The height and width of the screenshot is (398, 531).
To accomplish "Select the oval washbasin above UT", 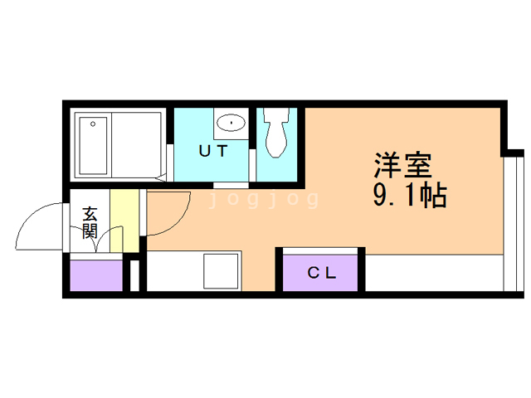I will (229, 124).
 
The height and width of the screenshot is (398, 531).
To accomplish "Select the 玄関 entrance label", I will (89, 222).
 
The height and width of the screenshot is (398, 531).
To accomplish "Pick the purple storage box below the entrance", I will (95, 275).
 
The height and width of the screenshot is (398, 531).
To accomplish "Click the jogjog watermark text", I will (264, 200).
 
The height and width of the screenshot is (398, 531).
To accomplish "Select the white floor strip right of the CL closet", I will (433, 273).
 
